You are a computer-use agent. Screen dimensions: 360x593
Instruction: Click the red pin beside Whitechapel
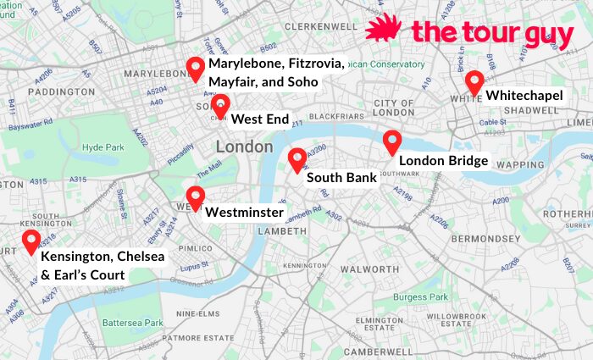pyautogui.click(x=474, y=82)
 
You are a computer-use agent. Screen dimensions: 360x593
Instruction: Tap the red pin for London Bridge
pyautogui.click(x=391, y=141)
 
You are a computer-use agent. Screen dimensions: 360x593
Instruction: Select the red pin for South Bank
pyautogui.click(x=296, y=158)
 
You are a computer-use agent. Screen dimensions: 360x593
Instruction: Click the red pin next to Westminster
pyautogui.click(x=196, y=197)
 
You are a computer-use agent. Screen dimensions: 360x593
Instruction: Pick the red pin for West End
pyautogui.click(x=220, y=106)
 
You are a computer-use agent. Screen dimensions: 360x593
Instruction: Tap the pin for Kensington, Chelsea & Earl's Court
pyautogui.click(x=31, y=241)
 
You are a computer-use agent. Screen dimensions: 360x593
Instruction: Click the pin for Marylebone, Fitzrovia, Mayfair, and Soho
pyautogui.click(x=196, y=69)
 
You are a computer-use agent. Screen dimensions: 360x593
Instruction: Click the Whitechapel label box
pyautogui.click(x=524, y=96)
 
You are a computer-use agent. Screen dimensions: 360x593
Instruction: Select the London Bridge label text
pyautogui.click(x=442, y=160)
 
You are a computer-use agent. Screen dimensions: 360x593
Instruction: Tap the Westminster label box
pyautogui.click(x=244, y=212)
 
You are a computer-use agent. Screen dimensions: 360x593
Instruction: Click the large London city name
pyautogui.click(x=244, y=147)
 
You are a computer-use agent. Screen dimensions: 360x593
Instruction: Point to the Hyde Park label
pyautogui.click(x=103, y=147)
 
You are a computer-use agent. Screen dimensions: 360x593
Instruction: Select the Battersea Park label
pyautogui.click(x=132, y=323)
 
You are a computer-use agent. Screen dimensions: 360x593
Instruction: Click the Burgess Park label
pyautogui.click(x=421, y=297)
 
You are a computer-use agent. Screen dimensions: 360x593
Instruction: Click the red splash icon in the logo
pyautogui.click(x=384, y=28)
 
